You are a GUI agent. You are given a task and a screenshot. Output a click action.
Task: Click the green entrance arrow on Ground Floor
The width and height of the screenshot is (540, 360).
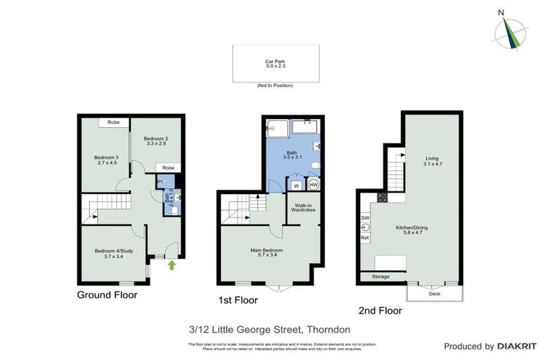(x=171, y=265)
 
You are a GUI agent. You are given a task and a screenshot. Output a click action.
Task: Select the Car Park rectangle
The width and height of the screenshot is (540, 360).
(x=274, y=64)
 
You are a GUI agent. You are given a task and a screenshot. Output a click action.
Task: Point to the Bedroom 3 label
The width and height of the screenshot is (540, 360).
(x=106, y=160)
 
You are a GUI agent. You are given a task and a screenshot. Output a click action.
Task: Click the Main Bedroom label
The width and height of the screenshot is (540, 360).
(x=266, y=252)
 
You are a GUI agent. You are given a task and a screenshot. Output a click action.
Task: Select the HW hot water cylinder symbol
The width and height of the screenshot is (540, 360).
(x=314, y=185)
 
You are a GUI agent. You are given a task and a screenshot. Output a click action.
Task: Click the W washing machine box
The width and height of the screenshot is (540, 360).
(x=295, y=186)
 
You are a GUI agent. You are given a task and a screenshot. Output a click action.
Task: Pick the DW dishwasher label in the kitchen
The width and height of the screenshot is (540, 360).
(x=364, y=218)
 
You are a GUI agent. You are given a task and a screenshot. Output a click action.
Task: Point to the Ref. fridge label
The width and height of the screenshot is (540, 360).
(x=365, y=238)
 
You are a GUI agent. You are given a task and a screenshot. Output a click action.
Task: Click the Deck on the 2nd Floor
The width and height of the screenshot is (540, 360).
(x=435, y=293)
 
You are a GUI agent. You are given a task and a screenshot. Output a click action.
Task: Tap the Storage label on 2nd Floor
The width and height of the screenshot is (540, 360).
(x=380, y=277)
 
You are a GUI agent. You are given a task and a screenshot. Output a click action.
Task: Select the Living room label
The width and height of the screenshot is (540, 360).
(x=432, y=160)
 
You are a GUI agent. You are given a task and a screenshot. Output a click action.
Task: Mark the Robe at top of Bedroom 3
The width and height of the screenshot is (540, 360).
(x=112, y=122)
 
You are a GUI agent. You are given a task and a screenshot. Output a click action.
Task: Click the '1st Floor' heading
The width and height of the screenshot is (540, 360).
(x=238, y=300)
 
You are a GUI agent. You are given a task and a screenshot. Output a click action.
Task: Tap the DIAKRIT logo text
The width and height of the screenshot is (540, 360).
(x=517, y=346)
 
